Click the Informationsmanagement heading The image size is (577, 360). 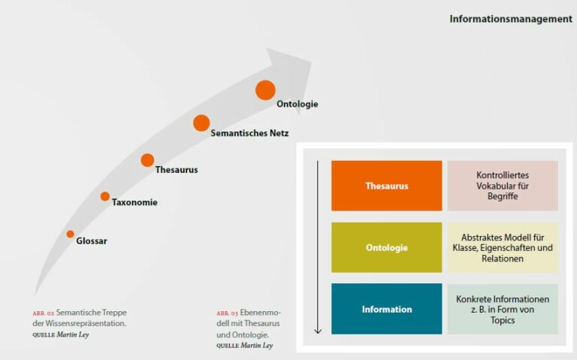click(511, 19)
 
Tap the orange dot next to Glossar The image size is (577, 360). click(71, 234)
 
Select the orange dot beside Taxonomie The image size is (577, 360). click(105, 197)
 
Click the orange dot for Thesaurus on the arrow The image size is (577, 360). click(147, 160)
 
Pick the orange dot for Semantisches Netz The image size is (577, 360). click(201, 123)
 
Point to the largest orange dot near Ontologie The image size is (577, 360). click(265, 90)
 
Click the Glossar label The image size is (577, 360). click(92, 241)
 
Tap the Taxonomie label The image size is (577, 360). click(134, 202)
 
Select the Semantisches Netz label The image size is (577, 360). click(249, 133)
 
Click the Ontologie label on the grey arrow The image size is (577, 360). click(298, 104)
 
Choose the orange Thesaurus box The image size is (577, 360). click(387, 186)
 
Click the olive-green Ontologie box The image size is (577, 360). click(387, 247)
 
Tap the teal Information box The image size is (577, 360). click(387, 309)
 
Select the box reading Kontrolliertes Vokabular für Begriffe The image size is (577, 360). click(503, 186)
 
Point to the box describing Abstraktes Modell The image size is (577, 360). click(503, 247)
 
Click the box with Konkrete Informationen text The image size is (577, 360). click(503, 309)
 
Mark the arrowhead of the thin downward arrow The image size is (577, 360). click(318, 331)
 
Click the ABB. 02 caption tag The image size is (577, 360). click(44, 313)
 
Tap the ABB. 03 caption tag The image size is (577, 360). click(227, 313)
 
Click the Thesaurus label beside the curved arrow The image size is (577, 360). click(177, 170)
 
